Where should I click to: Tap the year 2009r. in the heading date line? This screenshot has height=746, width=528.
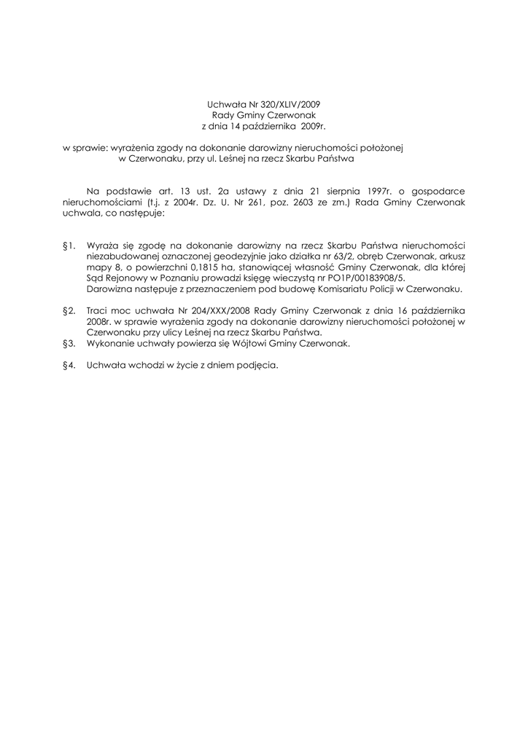[x=311, y=126]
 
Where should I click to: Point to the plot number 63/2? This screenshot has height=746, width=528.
[x=312, y=257]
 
